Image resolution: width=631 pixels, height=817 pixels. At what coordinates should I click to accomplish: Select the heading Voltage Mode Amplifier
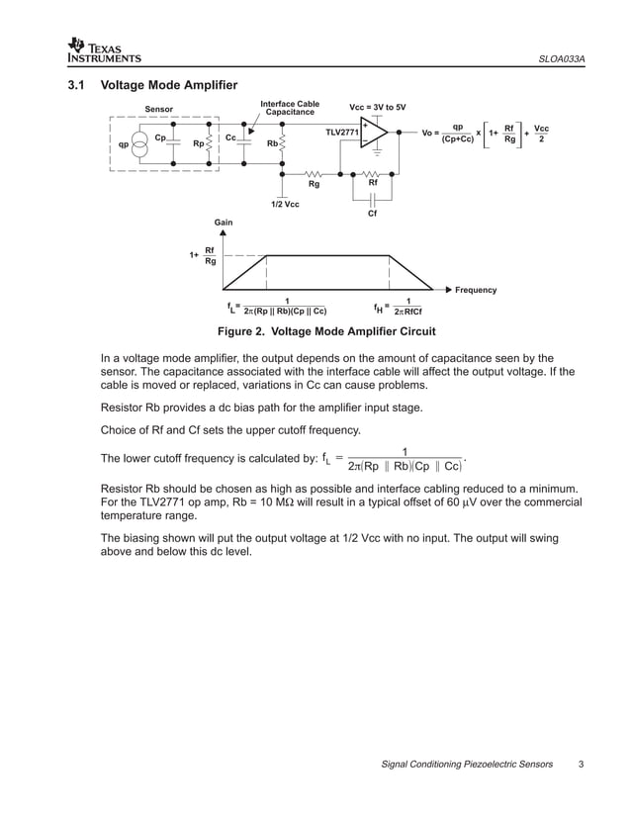tap(169, 86)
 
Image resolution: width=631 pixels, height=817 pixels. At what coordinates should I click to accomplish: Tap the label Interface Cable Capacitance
tap(289, 108)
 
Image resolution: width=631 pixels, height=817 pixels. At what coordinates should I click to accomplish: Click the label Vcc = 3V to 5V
tap(378, 107)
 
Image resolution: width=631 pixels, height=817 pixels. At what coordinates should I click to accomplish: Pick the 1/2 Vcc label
tap(285, 204)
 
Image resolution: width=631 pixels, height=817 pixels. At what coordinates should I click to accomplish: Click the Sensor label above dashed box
tap(158, 109)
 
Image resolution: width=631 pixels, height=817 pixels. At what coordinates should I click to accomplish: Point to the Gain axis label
tap(224, 222)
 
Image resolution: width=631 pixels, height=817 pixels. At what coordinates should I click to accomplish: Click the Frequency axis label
tap(475, 290)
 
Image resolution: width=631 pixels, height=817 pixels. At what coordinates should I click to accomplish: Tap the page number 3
tap(582, 764)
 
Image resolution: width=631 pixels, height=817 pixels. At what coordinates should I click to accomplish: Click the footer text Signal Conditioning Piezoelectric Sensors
tap(466, 764)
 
